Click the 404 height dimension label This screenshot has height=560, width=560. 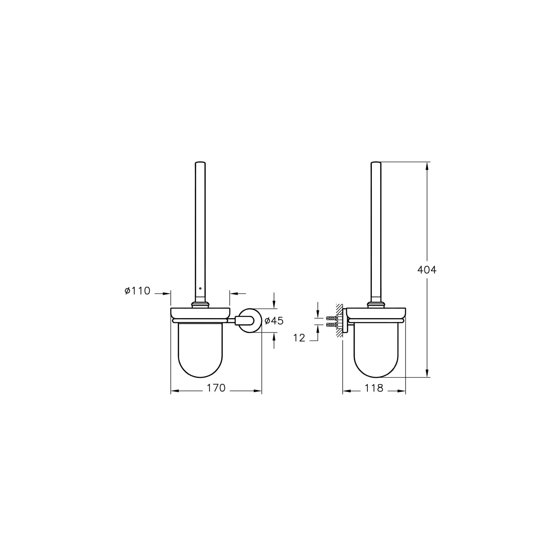[427, 270]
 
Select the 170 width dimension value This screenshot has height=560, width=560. [217, 388]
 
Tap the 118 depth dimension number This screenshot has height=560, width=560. [374, 388]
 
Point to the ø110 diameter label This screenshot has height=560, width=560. [137, 290]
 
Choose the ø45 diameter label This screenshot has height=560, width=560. [274, 320]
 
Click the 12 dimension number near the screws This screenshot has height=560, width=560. [299, 338]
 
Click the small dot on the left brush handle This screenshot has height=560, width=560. [200, 289]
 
